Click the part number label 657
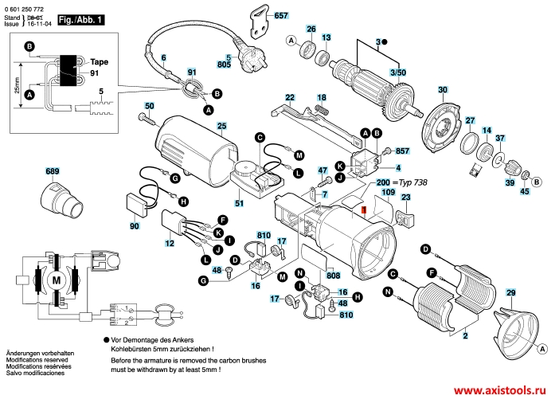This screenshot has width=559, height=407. (x=281, y=16)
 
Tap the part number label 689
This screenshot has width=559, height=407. (x=53, y=172)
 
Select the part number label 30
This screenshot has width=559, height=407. (x=443, y=90)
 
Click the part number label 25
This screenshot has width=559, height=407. (x=221, y=127)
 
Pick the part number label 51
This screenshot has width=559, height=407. (x=239, y=204)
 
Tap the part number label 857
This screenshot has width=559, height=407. (x=402, y=151)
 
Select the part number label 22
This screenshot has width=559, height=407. (x=290, y=98)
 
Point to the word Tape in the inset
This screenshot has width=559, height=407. (x=99, y=61)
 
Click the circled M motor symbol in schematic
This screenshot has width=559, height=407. (x=56, y=280)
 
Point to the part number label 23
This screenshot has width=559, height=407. (x=405, y=198)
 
